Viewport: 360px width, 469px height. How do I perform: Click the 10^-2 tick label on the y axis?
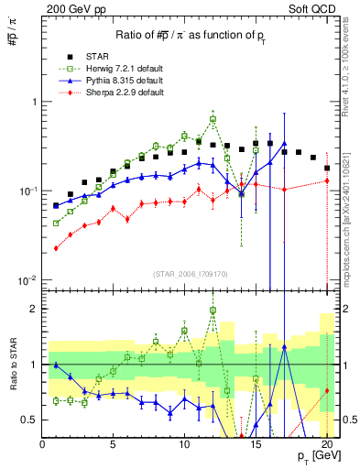(x=27, y=279)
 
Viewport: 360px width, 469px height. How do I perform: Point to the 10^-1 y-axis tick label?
(x=27, y=191)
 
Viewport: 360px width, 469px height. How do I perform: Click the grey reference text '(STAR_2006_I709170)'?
(x=191, y=273)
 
